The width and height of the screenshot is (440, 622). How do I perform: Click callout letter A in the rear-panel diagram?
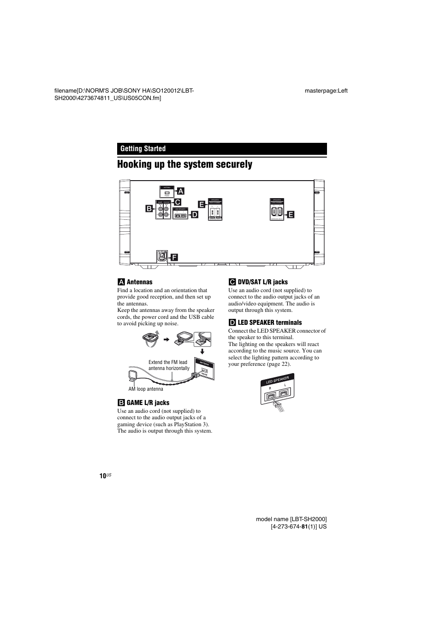pyautogui.click(x=181, y=191)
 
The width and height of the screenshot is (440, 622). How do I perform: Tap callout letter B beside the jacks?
pyautogui.click(x=149, y=209)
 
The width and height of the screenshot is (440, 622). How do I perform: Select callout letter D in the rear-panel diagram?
pyautogui.click(x=194, y=214)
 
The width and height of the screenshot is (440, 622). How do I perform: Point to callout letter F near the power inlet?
pyautogui.click(x=174, y=257)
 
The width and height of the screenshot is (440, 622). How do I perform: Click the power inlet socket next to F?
pyautogui.click(x=161, y=256)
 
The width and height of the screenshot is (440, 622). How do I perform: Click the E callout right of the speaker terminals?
pyautogui.click(x=291, y=214)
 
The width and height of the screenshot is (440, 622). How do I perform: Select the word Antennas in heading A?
pyautogui.click(x=139, y=282)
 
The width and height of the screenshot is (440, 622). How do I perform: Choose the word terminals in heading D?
pyautogui.click(x=287, y=323)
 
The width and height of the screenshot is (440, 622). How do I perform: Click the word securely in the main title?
pyautogui.click(x=231, y=164)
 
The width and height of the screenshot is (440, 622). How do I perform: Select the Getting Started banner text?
pyautogui.click(x=143, y=148)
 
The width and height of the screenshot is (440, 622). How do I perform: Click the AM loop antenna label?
pyautogui.click(x=146, y=389)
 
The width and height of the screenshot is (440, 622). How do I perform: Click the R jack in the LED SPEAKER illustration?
pyautogui.click(x=272, y=395)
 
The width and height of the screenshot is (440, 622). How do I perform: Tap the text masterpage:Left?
pyautogui.click(x=326, y=91)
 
